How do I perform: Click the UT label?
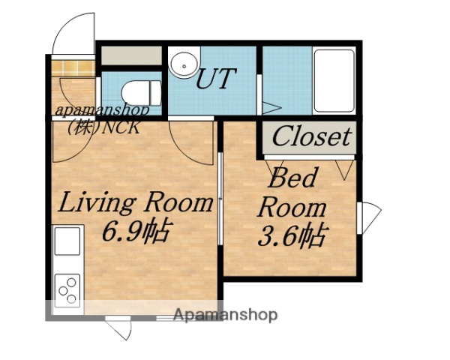[x=216, y=78]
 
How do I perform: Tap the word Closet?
[x=310, y=136]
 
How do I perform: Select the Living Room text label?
[x=136, y=202]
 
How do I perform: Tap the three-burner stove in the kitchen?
[x=67, y=289]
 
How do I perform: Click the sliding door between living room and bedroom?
[x=220, y=198]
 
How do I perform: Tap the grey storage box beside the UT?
[x=132, y=55]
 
